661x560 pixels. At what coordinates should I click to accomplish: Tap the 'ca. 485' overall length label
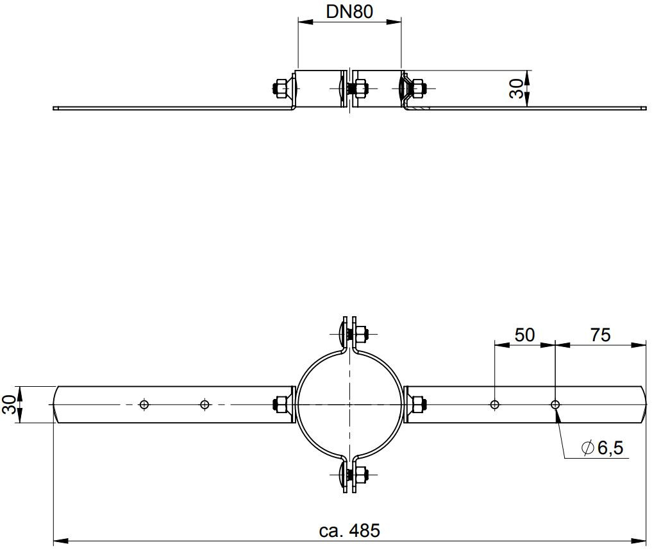click(x=349, y=530)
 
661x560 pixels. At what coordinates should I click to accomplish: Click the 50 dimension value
click(x=524, y=335)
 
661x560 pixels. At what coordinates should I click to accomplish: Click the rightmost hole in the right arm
click(x=555, y=404)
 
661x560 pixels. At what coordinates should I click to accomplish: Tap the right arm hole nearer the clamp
click(x=494, y=404)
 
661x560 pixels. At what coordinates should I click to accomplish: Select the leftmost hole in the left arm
click(x=144, y=404)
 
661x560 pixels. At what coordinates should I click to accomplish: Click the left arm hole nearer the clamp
click(x=205, y=404)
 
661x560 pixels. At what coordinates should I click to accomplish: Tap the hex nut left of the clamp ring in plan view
click(x=280, y=405)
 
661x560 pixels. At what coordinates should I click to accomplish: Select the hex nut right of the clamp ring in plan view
click(x=417, y=405)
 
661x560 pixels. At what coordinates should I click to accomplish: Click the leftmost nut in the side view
click(x=280, y=88)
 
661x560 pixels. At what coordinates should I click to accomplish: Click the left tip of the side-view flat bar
click(x=55, y=108)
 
